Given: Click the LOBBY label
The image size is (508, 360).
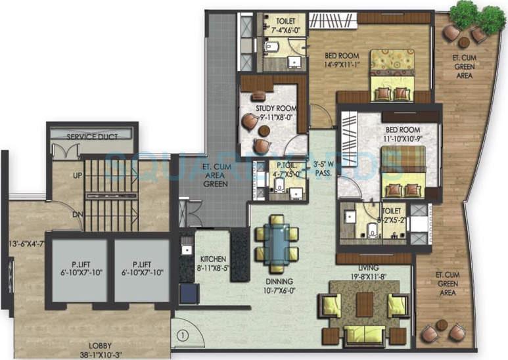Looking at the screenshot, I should point(99,345).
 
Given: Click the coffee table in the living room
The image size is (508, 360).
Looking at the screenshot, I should point(364,304).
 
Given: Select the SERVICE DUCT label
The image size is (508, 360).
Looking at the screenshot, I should point(92,137).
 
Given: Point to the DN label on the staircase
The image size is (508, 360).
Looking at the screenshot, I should point(77,214).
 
